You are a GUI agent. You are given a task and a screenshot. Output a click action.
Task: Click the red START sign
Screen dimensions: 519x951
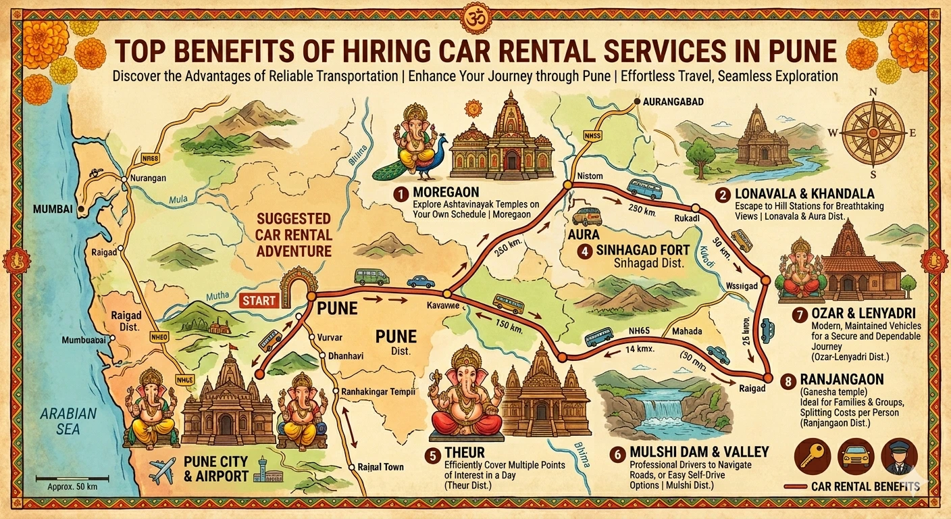pyautogui.click(x=259, y=300)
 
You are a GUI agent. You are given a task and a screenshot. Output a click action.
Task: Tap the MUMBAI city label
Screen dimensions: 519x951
pyautogui.click(x=53, y=209)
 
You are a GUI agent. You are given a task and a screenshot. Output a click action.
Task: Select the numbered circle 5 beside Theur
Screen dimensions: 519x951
pyautogui.click(x=432, y=455)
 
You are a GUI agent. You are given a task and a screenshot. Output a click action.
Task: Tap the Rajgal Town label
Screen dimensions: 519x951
pyautogui.click(x=382, y=467)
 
